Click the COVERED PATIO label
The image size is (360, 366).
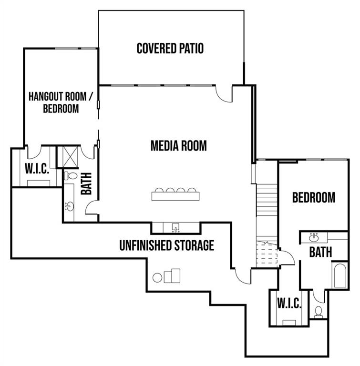click(x=170, y=48)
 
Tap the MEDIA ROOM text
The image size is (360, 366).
click(x=179, y=146)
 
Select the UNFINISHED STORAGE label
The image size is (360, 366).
click(x=167, y=245)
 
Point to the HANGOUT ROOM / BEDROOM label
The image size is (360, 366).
click(x=61, y=102)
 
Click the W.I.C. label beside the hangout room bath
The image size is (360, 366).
click(x=37, y=169)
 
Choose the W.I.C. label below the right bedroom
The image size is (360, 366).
click(x=289, y=303)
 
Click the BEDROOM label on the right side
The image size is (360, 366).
click(x=314, y=197)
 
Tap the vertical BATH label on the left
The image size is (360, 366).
click(x=86, y=183)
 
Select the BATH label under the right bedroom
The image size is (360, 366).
click(x=320, y=252)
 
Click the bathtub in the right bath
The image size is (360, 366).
click(x=340, y=275)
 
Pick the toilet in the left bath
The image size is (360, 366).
click(x=71, y=176)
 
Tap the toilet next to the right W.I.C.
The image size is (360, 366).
click(x=319, y=312)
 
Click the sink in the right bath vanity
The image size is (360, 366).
click(x=314, y=238)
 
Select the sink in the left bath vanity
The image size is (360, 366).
click(x=70, y=206)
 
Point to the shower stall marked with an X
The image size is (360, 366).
click(x=70, y=157)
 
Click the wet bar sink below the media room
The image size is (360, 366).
click(x=175, y=227)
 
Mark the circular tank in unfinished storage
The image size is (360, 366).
click(x=157, y=277)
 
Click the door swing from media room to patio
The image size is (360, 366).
click(x=224, y=94)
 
